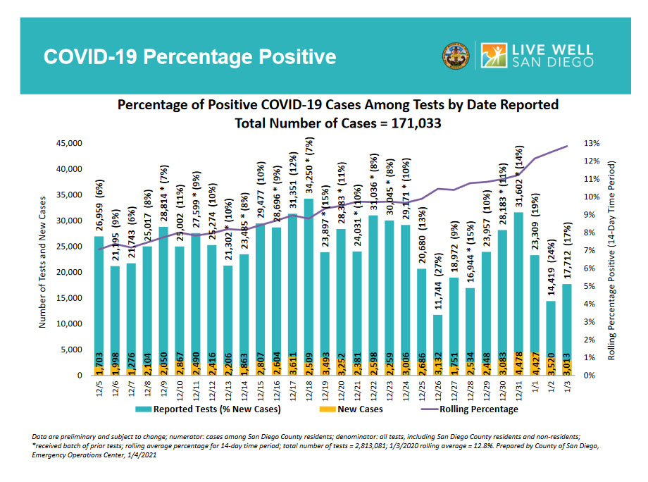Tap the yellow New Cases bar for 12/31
[520, 364]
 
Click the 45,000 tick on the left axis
[69, 144]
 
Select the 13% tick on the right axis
[592, 144]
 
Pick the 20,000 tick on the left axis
[69, 272]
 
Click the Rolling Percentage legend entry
[478, 409]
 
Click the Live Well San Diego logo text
[553, 56]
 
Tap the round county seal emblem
[456, 56]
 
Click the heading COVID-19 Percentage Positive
[190, 56]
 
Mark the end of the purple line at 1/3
[568, 147]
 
